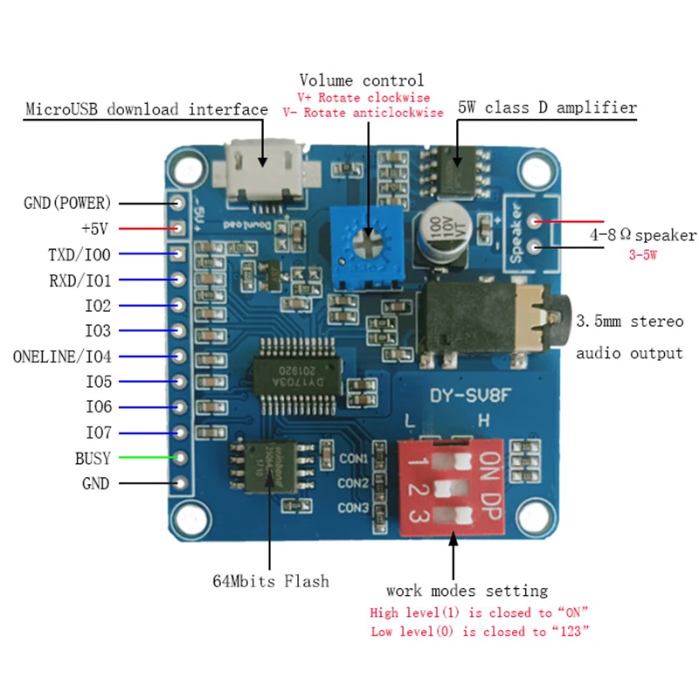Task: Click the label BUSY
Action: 93,458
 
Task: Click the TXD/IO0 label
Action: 80,255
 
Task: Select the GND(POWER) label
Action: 68,204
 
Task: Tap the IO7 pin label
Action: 98,433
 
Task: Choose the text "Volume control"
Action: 361,81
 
